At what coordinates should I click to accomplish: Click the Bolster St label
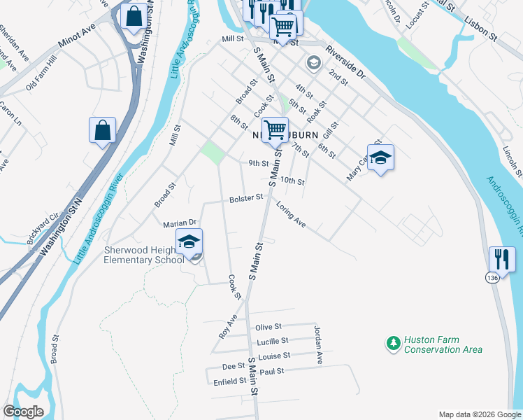click(x=245, y=199)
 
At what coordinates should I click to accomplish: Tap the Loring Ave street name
click(x=291, y=215)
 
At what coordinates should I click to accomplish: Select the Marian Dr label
click(x=177, y=224)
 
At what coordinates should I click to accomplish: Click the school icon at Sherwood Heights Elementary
click(x=189, y=242)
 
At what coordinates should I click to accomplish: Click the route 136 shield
click(x=492, y=278)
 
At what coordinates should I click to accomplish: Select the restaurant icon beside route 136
click(x=501, y=259)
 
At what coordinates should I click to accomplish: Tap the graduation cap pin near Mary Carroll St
click(x=380, y=158)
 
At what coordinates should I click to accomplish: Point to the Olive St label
click(x=268, y=327)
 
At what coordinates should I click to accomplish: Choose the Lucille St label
click(x=273, y=342)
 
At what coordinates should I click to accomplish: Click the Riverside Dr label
click(x=345, y=61)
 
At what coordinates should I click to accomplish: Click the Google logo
click(x=23, y=411)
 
